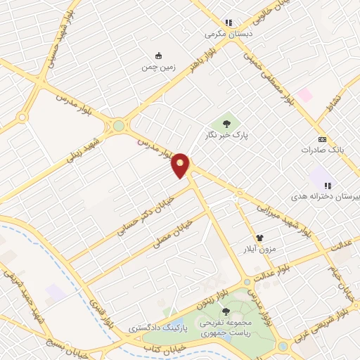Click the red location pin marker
click(x=181, y=165)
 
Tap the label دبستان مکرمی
click(x=228, y=33)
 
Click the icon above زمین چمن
click(x=158, y=56)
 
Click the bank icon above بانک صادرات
click(x=323, y=139)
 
